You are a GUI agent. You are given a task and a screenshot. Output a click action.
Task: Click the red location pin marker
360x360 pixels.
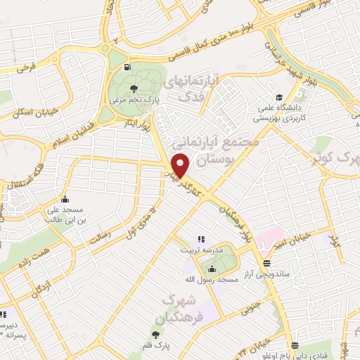[180, 165]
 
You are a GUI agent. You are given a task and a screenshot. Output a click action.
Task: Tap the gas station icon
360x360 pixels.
[127, 67]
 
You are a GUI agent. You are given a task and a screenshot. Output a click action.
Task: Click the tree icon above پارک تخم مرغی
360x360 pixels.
[134, 88]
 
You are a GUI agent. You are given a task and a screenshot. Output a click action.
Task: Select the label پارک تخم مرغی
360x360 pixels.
[134, 101]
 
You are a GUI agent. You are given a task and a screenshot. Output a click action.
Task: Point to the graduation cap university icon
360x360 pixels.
[279, 98]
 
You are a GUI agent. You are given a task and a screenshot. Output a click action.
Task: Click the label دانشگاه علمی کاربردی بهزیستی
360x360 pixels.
[279, 114]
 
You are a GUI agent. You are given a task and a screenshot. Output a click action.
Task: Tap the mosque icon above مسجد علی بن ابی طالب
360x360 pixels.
[65, 199]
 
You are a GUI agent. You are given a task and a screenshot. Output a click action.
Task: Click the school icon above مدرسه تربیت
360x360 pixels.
[200, 240]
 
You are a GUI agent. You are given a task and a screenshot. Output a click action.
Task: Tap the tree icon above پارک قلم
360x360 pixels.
[155, 334]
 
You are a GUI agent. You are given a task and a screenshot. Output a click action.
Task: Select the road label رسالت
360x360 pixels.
[101, 239]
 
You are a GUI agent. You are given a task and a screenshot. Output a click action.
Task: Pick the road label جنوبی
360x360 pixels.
[251, 306]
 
